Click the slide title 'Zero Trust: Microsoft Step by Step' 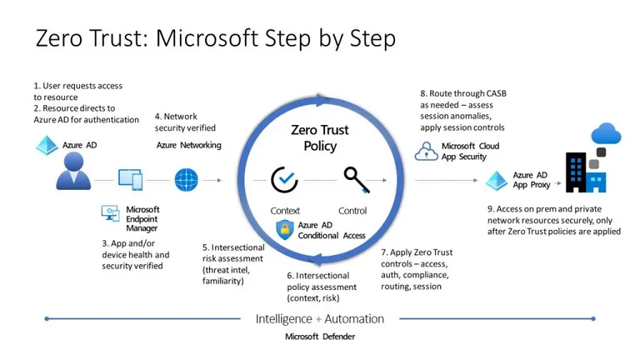pyautogui.click(x=215, y=38)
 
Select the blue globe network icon pyautogui.click(x=186, y=178)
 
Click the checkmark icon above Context pyautogui.click(x=285, y=179)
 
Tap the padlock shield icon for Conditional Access pyautogui.click(x=284, y=229)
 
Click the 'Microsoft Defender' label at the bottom pyautogui.click(x=319, y=337)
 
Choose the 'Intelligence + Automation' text pyautogui.click(x=319, y=318)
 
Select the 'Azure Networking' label pyautogui.click(x=188, y=145)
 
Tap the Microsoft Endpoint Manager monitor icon pyautogui.click(x=111, y=212)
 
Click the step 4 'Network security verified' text pyautogui.click(x=185, y=122)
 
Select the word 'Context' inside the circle pyautogui.click(x=285, y=211)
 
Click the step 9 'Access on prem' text pyautogui.click(x=553, y=220)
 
